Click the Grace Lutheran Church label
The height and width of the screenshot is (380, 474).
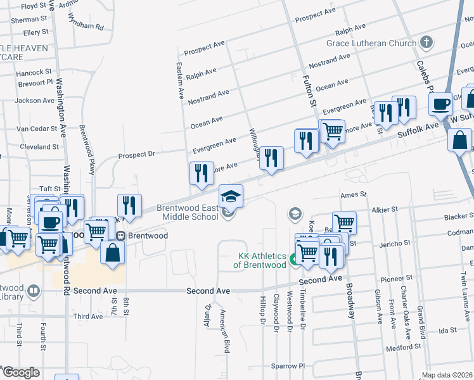pos(371,43)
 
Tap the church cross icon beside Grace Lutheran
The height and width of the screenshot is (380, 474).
pos(426,43)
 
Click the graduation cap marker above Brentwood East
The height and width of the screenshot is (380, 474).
pos(231,196)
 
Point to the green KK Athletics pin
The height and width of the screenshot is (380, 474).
pos(294,259)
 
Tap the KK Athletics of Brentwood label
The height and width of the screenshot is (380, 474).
pos(262,260)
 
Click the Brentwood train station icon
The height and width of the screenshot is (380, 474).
pos(120,236)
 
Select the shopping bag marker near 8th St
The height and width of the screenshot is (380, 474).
pos(112,251)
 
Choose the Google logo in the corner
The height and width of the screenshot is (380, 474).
pos(21,372)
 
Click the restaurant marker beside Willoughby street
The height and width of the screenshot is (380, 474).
pos(272,158)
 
